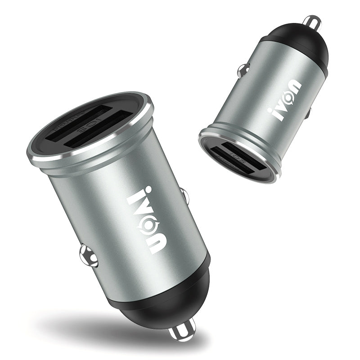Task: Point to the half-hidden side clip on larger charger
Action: click(184, 195)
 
